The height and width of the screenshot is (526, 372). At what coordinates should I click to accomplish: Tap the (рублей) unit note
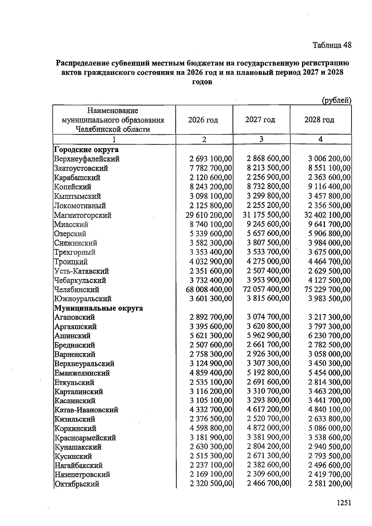tap(336, 101)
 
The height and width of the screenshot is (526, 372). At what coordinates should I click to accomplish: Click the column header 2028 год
tap(319, 120)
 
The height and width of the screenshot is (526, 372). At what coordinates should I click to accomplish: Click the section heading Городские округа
tap(86, 150)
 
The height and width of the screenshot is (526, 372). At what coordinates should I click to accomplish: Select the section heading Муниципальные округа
tap(99, 308)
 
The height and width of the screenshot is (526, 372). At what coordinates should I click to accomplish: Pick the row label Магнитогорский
tap(82, 215)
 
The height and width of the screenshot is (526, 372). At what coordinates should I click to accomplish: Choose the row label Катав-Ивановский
tap(86, 410)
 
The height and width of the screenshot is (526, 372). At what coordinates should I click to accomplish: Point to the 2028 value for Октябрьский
tap(330, 484)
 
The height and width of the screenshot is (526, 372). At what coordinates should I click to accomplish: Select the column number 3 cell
tap(261, 139)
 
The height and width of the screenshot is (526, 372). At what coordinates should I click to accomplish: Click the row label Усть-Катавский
tap(81, 271)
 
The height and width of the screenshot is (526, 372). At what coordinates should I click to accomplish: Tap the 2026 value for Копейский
tap(211, 187)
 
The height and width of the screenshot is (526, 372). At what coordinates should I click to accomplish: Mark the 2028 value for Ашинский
tap(330, 335)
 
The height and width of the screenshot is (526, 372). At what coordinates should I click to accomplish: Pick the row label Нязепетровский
tap(82, 474)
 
